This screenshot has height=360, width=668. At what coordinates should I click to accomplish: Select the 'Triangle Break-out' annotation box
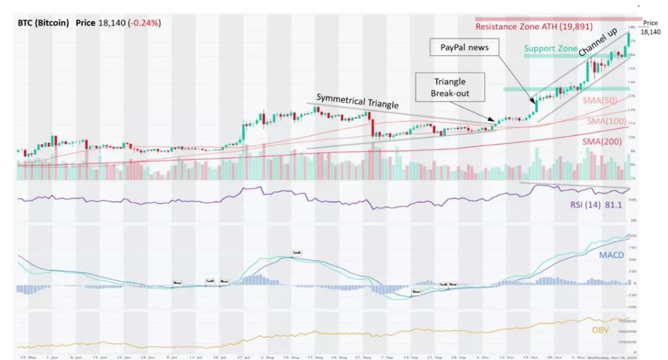(x=450, y=88)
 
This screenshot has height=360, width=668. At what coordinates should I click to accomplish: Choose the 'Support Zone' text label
(x=550, y=48)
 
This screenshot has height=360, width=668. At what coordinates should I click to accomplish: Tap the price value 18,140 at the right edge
(x=650, y=32)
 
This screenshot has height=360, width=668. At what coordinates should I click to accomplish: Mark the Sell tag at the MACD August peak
(x=297, y=253)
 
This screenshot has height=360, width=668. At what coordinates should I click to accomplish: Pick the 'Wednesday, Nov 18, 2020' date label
(x=612, y=357)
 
